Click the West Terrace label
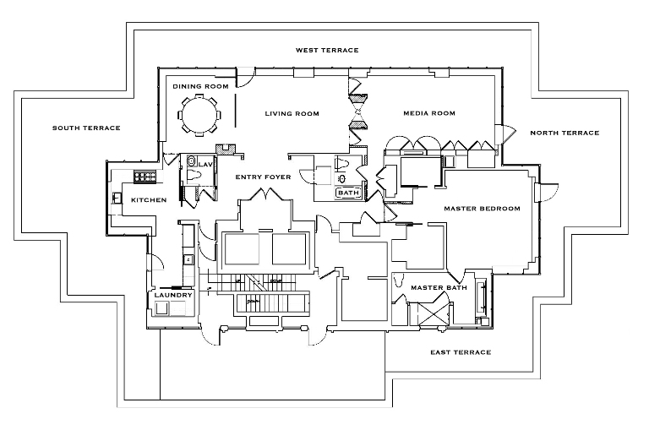click(x=326, y=51)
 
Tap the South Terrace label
click(x=86, y=128)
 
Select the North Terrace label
click(x=564, y=133)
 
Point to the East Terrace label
click(x=461, y=352)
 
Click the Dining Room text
click(x=200, y=86)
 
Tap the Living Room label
click(x=291, y=113)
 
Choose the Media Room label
click(x=428, y=113)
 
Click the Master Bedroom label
click(x=482, y=208)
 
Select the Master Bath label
click(x=434, y=288)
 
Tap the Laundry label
click(x=172, y=295)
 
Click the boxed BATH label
click(x=347, y=193)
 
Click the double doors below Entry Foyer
click(x=268, y=197)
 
